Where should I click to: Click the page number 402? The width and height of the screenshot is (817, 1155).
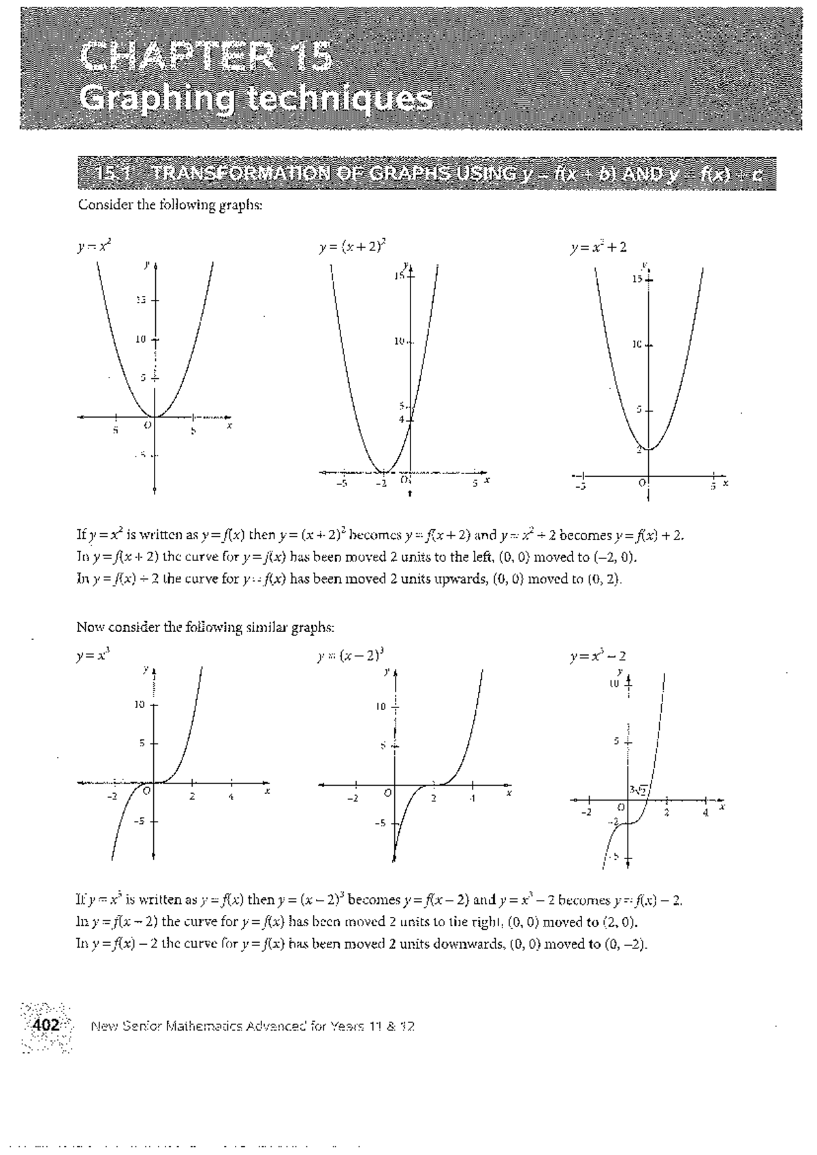point(47,1024)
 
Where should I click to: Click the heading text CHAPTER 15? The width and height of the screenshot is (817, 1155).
point(206,56)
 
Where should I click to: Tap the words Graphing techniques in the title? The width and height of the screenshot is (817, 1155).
point(255,99)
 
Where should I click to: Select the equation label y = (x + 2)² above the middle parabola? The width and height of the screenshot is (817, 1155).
point(353,248)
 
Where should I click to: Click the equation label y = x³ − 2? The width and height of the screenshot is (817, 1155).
point(598,656)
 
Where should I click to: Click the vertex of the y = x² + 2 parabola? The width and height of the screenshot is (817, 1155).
point(649,449)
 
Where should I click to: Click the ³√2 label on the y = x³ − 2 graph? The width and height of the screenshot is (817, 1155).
point(640,790)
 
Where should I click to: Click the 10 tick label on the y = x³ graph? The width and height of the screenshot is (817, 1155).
point(140,705)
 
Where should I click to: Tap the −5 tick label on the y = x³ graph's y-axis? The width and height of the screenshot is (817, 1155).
point(139,821)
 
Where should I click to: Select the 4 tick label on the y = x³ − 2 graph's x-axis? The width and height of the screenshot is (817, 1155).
point(706,812)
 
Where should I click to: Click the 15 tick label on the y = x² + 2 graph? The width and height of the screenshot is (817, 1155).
point(635,280)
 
